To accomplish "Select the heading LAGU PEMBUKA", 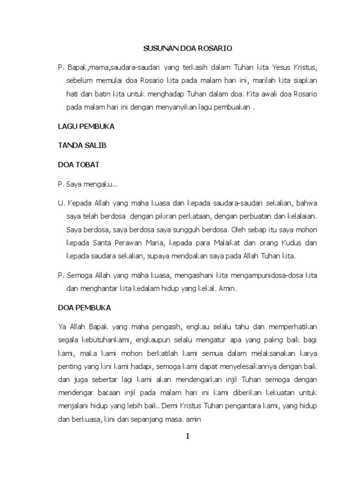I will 86,127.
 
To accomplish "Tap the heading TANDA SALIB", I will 82,145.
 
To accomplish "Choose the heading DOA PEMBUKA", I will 84,308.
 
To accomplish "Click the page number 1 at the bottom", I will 187,436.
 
